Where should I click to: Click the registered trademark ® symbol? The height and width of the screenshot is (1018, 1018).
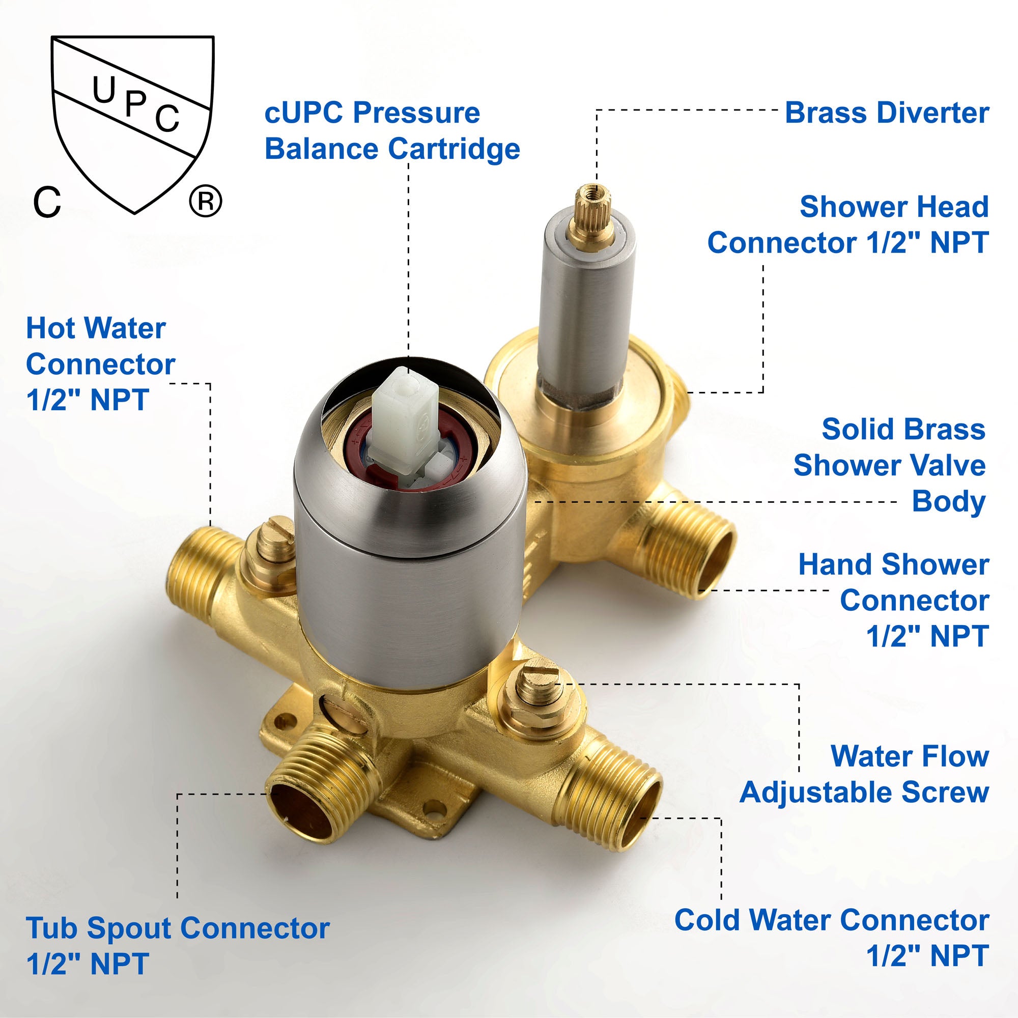pyautogui.click(x=206, y=201)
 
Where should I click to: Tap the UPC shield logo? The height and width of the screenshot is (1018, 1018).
pyautogui.click(x=133, y=124)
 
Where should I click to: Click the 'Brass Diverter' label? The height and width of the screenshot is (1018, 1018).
pyautogui.click(x=887, y=113)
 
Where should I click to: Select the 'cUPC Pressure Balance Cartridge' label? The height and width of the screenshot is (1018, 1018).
pyautogui.click(x=392, y=131)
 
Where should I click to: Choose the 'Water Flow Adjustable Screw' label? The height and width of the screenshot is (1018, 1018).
pyautogui.click(x=864, y=774)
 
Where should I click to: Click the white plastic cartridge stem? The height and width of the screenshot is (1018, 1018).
pyautogui.click(x=405, y=421)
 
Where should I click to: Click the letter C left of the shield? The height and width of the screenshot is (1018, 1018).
pyautogui.click(x=47, y=202)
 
